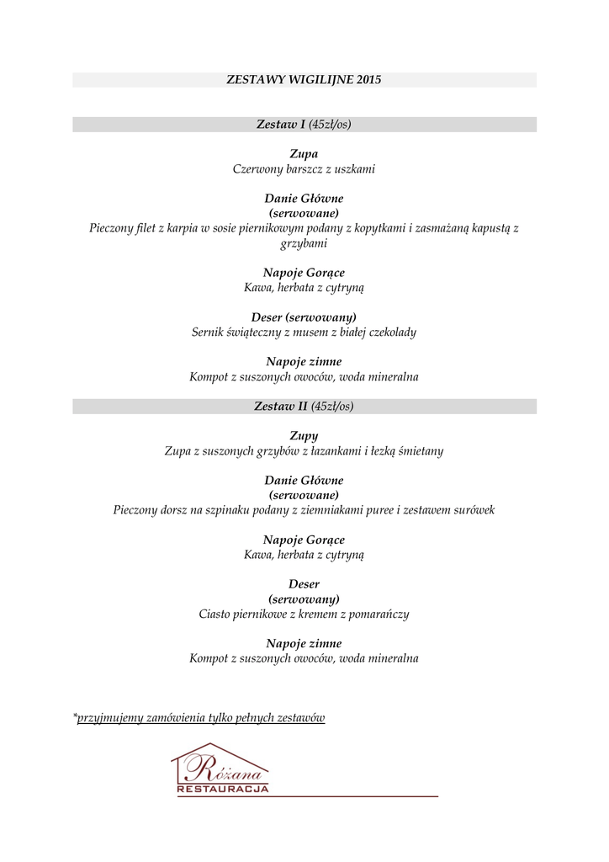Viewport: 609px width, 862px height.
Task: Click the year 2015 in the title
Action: coord(368,80)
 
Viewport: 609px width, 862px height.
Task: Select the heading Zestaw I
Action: coord(280,125)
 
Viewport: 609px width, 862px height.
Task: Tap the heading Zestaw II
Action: coord(280,407)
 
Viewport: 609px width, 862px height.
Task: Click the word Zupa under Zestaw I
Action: coord(304,154)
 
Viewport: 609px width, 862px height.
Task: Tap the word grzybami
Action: coord(304,243)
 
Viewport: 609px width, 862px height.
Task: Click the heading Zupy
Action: coord(304,436)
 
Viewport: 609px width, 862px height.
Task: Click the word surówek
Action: coord(473,510)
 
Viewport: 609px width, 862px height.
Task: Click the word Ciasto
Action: coord(216,614)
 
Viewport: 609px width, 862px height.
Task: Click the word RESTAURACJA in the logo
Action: coord(223,790)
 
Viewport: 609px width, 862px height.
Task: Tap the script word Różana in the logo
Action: coord(220,768)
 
